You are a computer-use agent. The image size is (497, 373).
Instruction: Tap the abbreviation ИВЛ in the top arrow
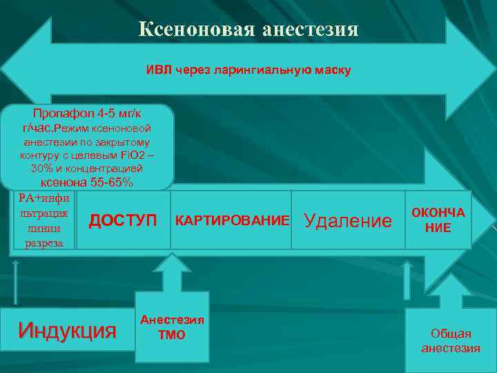pyautogui.click(x=155, y=70)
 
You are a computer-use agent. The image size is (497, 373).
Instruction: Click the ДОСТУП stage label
pyautogui.click(x=124, y=220)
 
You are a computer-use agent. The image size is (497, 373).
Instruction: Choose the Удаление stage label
pyautogui.click(x=348, y=220)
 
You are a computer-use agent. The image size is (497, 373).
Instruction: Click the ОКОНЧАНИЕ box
pyautogui.click(x=438, y=220)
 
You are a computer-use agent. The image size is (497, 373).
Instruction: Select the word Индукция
pyautogui.click(x=68, y=329)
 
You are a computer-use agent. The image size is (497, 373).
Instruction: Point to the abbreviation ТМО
pyautogui.click(x=172, y=335)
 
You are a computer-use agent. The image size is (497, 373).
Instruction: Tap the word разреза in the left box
pyautogui.click(x=45, y=242)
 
